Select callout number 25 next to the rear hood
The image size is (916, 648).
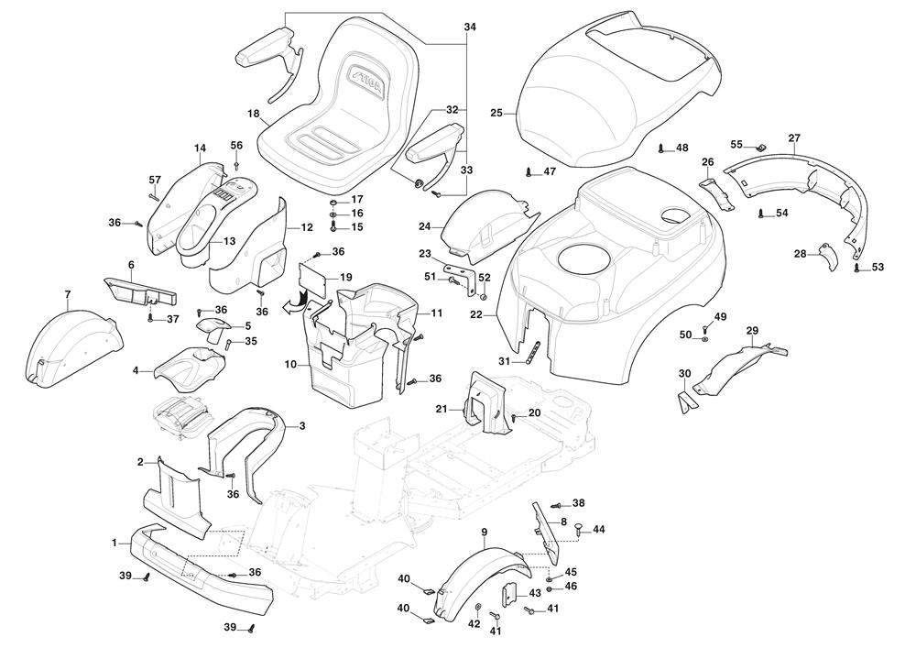(x=496, y=113)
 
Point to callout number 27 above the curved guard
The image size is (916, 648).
(x=793, y=138)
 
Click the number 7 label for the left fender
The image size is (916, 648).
(x=68, y=294)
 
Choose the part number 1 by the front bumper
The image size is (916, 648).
(x=115, y=543)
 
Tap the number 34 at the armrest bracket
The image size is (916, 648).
(x=470, y=27)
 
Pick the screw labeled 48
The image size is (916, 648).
(x=661, y=148)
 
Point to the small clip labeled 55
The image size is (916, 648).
(x=759, y=148)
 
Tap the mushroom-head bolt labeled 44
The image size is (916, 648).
(x=578, y=528)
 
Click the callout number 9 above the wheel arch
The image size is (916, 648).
(x=484, y=532)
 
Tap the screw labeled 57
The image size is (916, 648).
(x=154, y=193)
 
